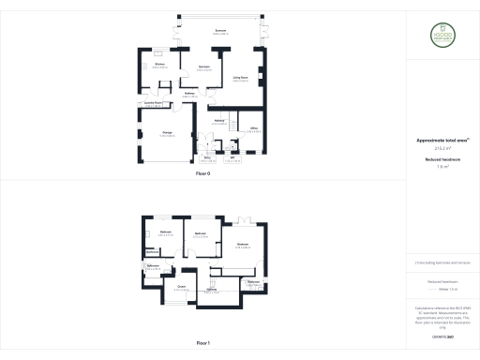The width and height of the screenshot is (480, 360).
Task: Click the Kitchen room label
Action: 159,65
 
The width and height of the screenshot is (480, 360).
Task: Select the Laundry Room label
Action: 153,103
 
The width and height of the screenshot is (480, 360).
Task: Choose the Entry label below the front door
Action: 206,158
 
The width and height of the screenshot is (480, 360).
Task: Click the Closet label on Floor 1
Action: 181,286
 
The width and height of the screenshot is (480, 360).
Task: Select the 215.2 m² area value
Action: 442,148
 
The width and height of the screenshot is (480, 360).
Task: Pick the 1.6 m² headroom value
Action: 442,167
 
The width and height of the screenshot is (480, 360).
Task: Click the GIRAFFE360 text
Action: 442,336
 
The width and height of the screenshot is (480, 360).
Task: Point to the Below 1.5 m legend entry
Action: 443,289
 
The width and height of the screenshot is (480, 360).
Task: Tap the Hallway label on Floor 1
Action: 212,291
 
